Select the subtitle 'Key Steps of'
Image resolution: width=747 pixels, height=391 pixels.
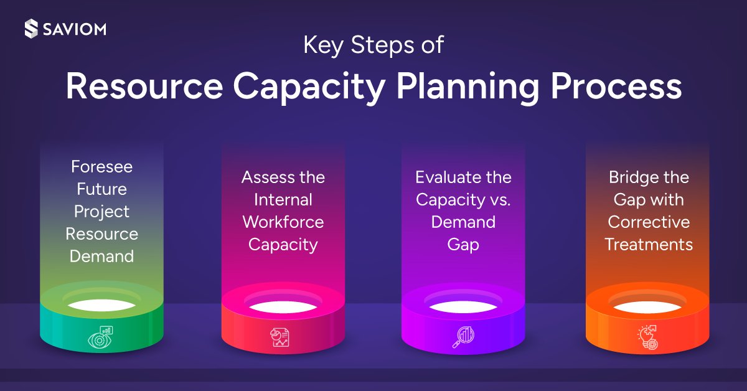click(374, 46)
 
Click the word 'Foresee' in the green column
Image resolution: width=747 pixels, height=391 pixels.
click(101, 166)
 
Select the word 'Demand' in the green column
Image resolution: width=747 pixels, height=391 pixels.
click(101, 256)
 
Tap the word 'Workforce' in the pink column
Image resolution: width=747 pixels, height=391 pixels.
click(283, 222)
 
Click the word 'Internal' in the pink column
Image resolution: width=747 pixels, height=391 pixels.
click(283, 200)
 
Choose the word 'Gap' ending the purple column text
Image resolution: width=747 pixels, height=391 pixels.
click(463, 245)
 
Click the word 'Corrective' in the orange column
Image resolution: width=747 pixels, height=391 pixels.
click(649, 222)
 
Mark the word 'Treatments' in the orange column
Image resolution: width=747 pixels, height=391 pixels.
click(649, 245)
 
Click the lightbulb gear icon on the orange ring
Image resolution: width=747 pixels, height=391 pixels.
click(647, 337)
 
